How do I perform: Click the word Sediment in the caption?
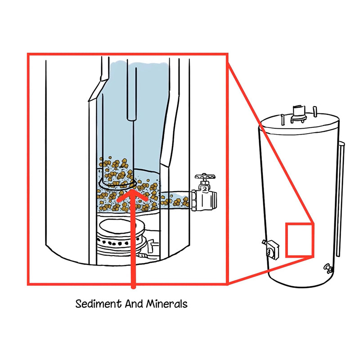98,304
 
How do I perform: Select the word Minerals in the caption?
167,304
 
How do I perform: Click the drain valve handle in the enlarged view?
205,177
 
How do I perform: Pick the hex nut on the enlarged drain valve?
194,200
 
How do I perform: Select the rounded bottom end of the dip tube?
131,117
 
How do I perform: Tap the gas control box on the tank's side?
272,250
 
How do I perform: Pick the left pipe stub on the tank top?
283,120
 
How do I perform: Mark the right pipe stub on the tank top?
315,112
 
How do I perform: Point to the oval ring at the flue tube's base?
117,184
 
